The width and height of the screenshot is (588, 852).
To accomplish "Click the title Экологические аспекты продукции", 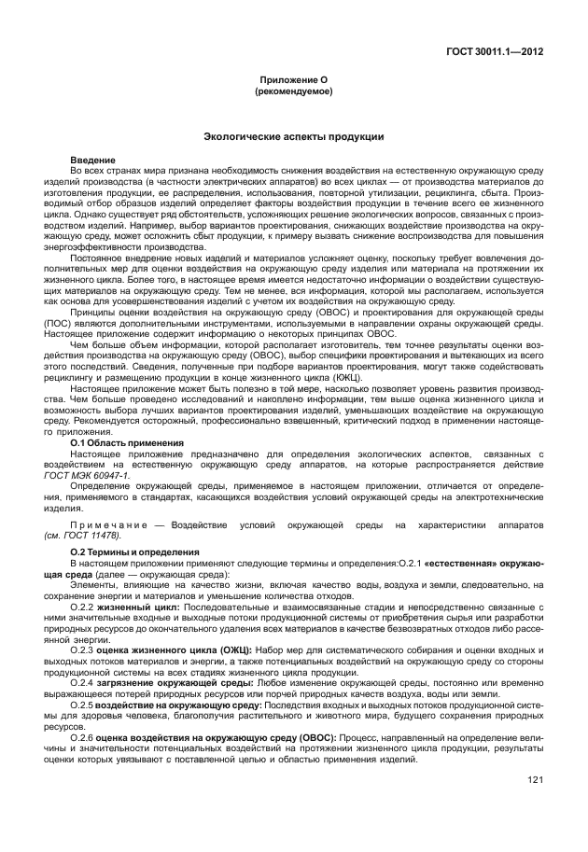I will coord(293,137).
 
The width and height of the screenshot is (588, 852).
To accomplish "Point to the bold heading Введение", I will coord(92,161).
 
